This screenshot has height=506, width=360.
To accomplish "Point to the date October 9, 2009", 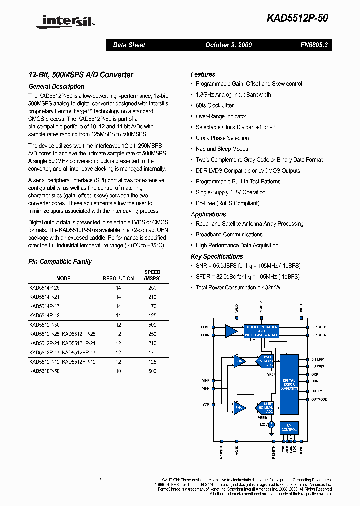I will [x=229, y=45].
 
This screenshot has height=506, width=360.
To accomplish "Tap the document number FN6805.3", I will [x=314, y=45].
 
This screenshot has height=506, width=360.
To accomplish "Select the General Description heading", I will [x=56, y=86].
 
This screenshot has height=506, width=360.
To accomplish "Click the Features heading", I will [x=203, y=74].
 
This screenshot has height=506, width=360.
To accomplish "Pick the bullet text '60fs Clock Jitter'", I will [x=214, y=105].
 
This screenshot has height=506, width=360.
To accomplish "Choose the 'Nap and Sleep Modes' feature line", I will [x=222, y=149].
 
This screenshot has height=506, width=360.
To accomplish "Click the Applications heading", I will [x=208, y=214].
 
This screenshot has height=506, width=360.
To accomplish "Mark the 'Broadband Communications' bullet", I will [x=229, y=234].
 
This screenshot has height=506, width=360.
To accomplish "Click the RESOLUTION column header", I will [x=118, y=278].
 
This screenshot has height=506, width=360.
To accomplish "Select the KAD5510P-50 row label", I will [x=44, y=371].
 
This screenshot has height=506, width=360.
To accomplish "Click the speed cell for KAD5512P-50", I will [x=152, y=324].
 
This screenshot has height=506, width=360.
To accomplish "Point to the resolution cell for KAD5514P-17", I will [x=118, y=306].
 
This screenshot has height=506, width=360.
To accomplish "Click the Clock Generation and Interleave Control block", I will [x=261, y=331].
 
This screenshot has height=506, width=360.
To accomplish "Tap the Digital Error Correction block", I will [x=289, y=384].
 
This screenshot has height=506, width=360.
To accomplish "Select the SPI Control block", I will [x=289, y=427].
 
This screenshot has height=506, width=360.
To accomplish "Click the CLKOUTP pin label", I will [x=319, y=327].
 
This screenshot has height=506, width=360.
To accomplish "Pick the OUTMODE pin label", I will [x=319, y=399].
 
